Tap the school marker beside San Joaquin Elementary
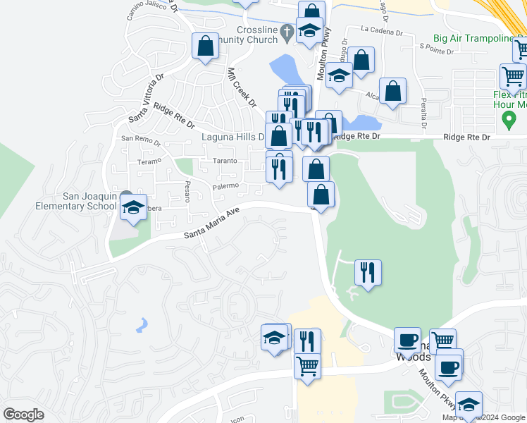click(132, 207)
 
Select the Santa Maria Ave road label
click(213, 227)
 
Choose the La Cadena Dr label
click(380, 30)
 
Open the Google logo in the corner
click(23, 414)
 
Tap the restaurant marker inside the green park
click(367, 272)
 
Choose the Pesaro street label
click(188, 190)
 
